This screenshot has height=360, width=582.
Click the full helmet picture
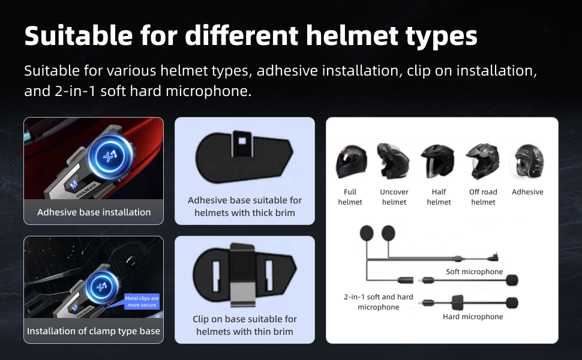pos(350,161)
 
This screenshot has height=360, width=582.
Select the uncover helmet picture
pos(394,161)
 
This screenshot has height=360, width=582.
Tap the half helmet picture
pos(439,161)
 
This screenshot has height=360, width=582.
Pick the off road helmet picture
pos(483,161)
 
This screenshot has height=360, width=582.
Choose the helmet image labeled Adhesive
pos(527,161)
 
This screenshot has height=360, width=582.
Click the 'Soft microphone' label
pos(474,272)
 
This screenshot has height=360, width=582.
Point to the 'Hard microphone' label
pos(473,316)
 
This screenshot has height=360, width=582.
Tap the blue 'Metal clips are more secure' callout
pos(142,301)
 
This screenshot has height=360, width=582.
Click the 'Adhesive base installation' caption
pos(94,212)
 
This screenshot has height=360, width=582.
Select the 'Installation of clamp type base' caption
pos(94,331)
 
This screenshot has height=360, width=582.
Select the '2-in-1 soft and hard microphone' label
pos(378,302)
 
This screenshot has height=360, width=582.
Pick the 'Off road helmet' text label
pos(483,197)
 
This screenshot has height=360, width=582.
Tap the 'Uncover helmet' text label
pos(394,197)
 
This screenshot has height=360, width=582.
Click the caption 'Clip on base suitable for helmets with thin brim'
pos(244,325)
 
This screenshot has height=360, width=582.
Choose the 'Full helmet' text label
pos(350,197)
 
